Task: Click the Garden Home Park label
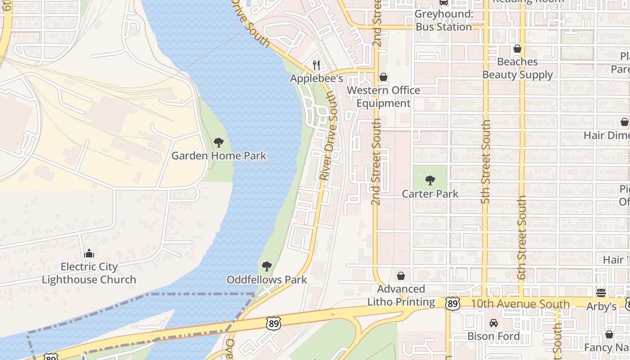(219, 156)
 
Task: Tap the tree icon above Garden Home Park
(219, 143)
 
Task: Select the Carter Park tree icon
(430, 181)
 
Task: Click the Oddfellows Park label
(266, 279)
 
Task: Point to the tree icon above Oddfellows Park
(267, 266)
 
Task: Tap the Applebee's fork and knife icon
(316, 65)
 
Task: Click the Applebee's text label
(316, 78)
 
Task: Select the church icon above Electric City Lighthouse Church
(89, 254)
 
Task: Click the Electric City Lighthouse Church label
(89, 273)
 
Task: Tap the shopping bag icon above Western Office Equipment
(383, 77)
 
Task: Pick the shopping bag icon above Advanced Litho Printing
(401, 276)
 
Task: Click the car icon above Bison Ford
(494, 323)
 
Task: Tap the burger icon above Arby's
(601, 293)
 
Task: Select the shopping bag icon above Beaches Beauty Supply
(517, 49)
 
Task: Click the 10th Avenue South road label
(520, 304)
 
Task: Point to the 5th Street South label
(485, 162)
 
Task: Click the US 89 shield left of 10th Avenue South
(453, 304)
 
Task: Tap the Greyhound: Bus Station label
(443, 20)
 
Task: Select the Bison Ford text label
(494, 336)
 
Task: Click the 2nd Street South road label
(377, 162)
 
